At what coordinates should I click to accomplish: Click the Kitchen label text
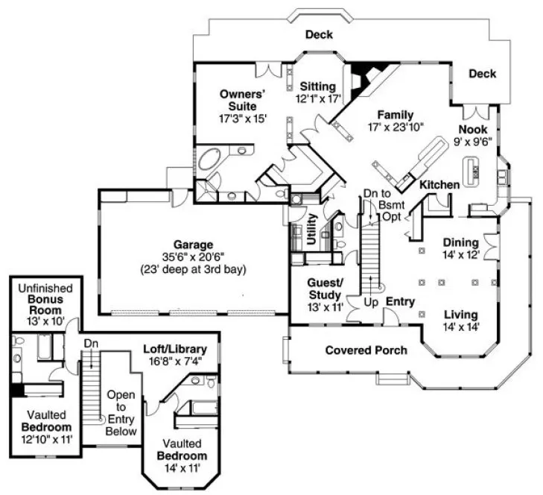[x=440, y=184]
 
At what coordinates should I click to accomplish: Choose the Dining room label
[x=460, y=243]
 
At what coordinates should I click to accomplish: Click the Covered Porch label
[x=366, y=350]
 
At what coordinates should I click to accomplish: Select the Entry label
[x=400, y=302]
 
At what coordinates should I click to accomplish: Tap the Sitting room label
[x=318, y=87]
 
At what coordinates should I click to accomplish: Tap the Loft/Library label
[x=177, y=349]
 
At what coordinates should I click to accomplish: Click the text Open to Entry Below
[x=121, y=413]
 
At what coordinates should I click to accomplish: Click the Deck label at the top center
[x=318, y=35]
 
